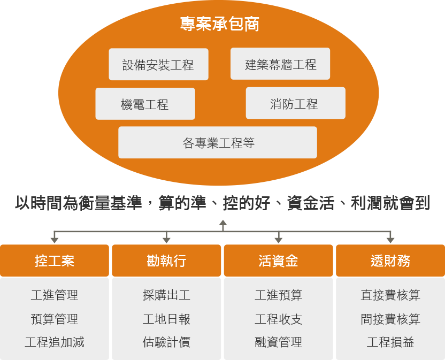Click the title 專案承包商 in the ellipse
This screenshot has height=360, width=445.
coord(219,24)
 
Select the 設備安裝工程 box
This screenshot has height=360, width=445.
coord(158,65)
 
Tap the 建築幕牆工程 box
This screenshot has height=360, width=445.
coord(280,64)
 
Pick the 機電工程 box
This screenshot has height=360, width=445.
coord(145,104)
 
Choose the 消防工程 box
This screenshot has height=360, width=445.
coord(295,103)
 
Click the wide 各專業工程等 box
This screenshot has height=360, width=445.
coord(218,143)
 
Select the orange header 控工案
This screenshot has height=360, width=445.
coord(54,261)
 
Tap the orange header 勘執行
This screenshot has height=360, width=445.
coord(166,261)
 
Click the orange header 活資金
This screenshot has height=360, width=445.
coord(278,261)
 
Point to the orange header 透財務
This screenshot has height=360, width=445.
coord(390,261)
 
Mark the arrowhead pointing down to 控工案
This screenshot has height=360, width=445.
coord(54,239)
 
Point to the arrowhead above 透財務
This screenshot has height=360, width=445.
coord(390,239)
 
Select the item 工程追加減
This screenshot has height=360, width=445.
coord(54,342)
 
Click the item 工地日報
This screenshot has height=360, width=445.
coord(166,319)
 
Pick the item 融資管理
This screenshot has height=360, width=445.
coord(278,342)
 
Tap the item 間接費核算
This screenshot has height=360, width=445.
coord(390,319)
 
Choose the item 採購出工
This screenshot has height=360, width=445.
coord(166,295)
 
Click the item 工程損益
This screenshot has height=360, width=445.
coord(390,342)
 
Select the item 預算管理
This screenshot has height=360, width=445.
coord(54,319)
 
